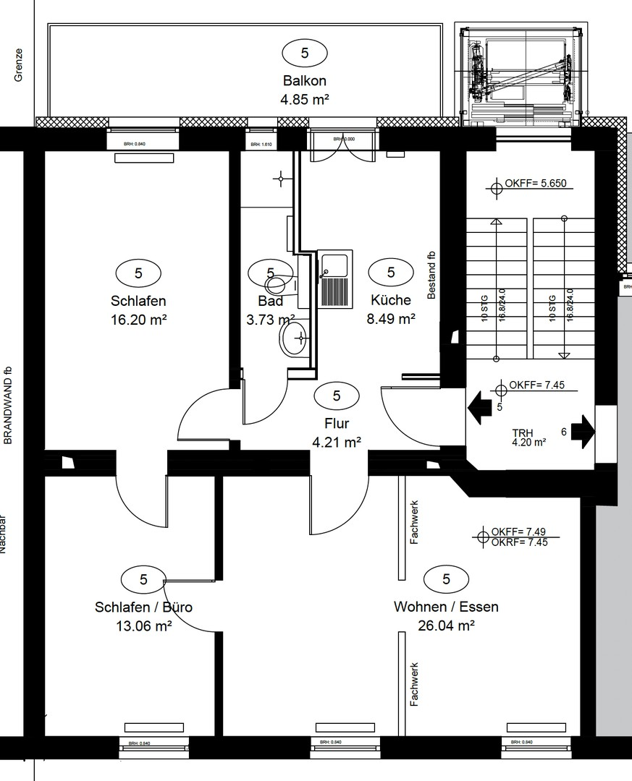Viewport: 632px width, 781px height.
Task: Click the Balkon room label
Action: (x=304, y=81)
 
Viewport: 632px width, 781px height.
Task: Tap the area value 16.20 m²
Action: (x=139, y=319)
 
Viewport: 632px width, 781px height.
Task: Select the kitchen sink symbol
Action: (x=334, y=279)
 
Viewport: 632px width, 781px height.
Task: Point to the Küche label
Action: (x=391, y=300)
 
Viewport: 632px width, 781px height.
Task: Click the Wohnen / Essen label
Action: (x=446, y=607)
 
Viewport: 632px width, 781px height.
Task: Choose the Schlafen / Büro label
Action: (x=143, y=607)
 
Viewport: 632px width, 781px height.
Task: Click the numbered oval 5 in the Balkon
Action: (x=304, y=52)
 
